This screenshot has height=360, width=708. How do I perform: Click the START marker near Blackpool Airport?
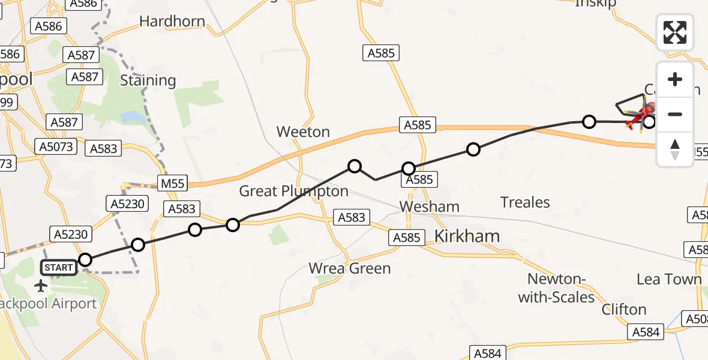(x=59, y=268)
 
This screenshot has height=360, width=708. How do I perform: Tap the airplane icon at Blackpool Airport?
(x=41, y=285)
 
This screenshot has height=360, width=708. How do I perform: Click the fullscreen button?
(x=675, y=32)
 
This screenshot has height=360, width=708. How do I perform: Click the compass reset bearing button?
(x=675, y=149)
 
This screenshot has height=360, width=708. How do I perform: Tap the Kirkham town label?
(x=466, y=236)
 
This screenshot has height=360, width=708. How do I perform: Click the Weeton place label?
(x=303, y=132)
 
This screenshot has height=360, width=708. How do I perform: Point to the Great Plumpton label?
(x=293, y=191)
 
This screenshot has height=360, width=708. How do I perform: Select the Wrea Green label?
(x=350, y=268)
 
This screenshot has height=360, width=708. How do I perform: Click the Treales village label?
(x=525, y=203)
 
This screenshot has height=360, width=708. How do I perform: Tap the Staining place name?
(x=148, y=80)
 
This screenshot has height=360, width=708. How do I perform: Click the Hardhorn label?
(x=172, y=22)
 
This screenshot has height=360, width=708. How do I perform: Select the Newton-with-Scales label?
(x=556, y=288)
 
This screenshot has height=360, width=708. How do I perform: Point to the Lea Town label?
(x=669, y=279)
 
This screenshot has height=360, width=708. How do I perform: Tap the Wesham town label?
(x=429, y=207)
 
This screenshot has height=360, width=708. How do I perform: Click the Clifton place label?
(x=624, y=310)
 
